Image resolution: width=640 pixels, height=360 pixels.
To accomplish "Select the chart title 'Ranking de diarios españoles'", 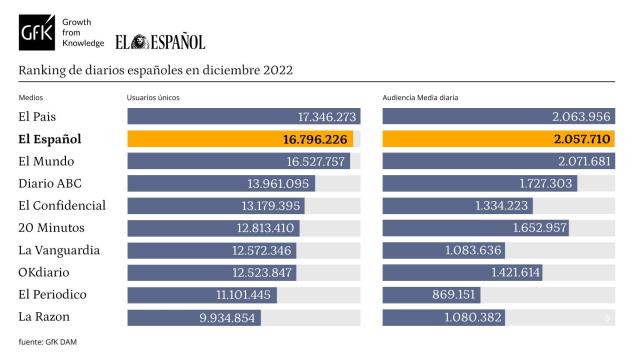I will point(155,70).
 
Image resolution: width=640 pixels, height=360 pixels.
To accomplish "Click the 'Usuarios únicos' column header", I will point(153,97).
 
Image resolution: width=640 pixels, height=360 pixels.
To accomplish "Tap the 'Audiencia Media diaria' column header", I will point(421,97).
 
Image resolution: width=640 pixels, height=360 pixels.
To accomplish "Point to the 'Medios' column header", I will point(31,97).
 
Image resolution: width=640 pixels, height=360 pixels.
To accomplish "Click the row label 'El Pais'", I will point(39,117).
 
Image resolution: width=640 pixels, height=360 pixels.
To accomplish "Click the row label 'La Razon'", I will point(45,316).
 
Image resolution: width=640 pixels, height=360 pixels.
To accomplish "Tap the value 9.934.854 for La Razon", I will point(229,317).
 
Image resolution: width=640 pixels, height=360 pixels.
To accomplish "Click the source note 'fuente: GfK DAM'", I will point(46,343).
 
